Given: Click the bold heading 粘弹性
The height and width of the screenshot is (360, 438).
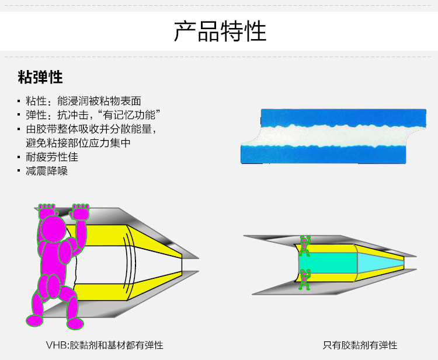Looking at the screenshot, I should click(x=40, y=78).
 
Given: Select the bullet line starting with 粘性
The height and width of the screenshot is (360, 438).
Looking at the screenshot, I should click(x=84, y=101).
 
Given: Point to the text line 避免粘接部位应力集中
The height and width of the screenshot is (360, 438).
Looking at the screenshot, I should click(x=78, y=142).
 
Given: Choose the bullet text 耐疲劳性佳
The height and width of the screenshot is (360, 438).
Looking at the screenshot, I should click(x=52, y=157).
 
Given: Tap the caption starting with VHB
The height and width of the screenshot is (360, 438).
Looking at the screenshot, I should click(x=105, y=345).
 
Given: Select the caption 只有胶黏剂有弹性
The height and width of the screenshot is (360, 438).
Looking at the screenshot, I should click(x=360, y=345).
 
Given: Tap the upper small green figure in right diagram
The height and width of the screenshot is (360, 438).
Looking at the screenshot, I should click(x=304, y=245).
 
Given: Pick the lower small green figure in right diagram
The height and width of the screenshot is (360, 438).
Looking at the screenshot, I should click(x=304, y=279).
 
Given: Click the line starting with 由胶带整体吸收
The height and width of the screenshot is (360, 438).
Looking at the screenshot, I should click(x=91, y=129).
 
